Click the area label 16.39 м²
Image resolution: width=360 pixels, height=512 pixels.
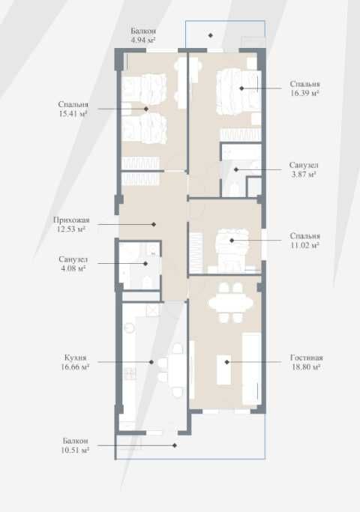(304, 93)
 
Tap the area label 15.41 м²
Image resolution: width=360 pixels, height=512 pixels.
(73, 114)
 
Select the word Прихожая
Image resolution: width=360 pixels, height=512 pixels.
(71, 220)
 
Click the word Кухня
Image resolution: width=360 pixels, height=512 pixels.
(76, 358)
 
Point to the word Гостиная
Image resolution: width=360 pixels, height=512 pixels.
(307, 358)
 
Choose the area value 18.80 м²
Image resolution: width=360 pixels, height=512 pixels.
(306, 367)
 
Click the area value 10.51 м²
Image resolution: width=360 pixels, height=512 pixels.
(75, 451)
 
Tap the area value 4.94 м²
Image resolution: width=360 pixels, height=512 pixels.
(143, 40)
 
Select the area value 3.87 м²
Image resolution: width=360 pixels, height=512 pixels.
(304, 174)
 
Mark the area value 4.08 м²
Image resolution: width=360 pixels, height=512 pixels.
(73, 268)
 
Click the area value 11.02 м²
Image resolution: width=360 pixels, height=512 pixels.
(305, 245)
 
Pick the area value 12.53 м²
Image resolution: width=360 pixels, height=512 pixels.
(71, 229)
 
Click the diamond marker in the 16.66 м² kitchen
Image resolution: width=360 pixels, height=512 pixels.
(151, 362)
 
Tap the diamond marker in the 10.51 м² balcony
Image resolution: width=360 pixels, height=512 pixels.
(175, 445)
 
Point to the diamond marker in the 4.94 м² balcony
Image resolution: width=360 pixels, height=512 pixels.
(211, 35)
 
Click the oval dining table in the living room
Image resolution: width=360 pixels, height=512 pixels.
(231, 303)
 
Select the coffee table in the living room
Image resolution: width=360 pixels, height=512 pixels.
(224, 370)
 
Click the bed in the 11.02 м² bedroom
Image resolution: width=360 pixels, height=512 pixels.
(232, 250)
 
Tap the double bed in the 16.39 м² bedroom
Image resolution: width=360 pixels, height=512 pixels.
(238, 91)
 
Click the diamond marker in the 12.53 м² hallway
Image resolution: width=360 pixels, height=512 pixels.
(154, 224)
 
